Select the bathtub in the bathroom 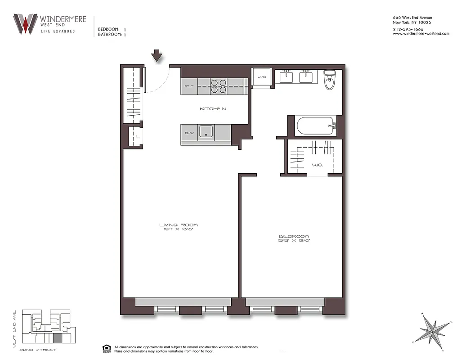pos(315,126)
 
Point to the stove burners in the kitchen pos(219,86)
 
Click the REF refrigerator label pos(189,86)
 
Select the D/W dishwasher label pos(189,133)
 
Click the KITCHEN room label pos(213,109)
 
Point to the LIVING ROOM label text pos(179,225)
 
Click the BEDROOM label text pos(294,236)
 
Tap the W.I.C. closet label pos(317,165)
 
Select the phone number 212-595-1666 pos(408,29)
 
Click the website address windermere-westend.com pos(415,34)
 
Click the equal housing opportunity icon pos(107,348)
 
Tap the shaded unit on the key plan pos(57,338)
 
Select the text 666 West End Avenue pos(412,18)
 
